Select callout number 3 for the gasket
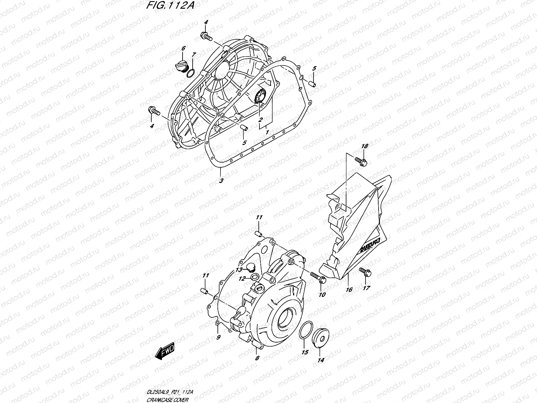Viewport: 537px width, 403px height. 221,180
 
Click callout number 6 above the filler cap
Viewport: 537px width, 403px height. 183,48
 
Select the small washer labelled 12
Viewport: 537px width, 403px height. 254,277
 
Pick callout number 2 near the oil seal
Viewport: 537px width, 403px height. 260,120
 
